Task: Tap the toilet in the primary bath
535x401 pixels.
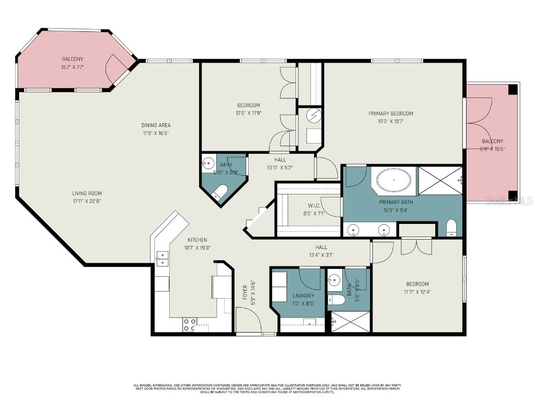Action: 452,228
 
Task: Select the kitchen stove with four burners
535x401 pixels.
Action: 189,325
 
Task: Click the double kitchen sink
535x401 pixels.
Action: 162,257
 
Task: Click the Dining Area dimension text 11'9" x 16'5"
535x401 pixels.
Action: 156,133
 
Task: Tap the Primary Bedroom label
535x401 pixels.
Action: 390,113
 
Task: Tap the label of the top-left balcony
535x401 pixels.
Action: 73,59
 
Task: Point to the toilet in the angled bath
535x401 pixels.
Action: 220,193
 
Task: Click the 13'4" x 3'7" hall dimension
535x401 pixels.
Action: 321,255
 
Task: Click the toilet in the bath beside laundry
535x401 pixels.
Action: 338,300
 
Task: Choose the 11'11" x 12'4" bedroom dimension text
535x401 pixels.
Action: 417,292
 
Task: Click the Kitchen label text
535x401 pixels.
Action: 197,240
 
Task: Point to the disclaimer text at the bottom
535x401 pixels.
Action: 267,388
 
